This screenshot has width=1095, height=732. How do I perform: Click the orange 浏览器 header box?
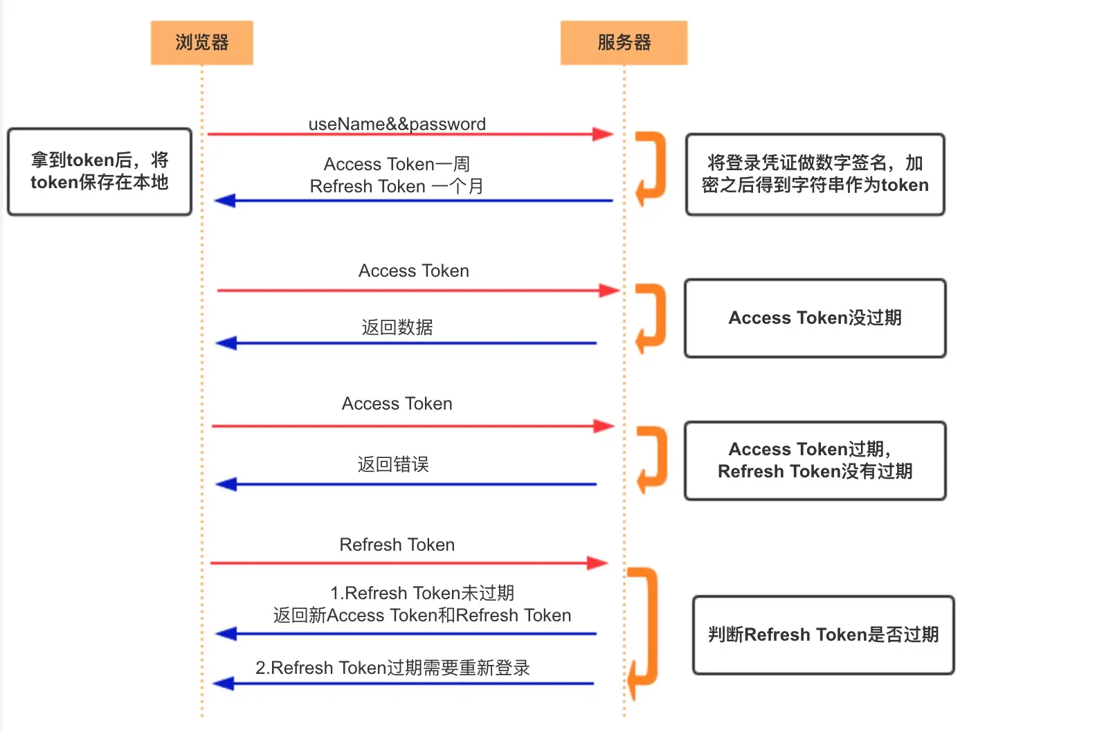[201, 43]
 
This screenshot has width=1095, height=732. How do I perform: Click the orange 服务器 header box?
[624, 43]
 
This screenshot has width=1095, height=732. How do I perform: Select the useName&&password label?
[397, 124]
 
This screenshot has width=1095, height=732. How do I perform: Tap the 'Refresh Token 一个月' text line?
[397, 186]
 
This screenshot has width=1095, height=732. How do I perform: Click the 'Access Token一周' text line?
[397, 164]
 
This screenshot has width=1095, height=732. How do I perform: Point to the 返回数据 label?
[397, 327]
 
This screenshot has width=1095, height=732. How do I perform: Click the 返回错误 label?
[393, 464]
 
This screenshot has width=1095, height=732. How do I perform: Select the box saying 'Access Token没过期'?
[815, 318]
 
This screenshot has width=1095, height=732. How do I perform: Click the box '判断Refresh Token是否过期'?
[823, 634]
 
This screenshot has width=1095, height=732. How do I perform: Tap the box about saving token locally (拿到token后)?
[100, 172]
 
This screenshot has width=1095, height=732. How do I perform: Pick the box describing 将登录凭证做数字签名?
[815, 174]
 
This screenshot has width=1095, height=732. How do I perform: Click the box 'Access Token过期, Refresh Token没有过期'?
[815, 461]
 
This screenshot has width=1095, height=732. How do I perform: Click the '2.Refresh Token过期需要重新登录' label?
[392, 668]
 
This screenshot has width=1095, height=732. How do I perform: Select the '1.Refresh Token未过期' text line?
[422, 593]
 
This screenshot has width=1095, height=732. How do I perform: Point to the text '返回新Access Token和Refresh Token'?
[422, 615]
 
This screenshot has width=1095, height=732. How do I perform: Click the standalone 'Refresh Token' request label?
[397, 545]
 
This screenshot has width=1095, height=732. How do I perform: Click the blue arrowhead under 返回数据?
[226, 343]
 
